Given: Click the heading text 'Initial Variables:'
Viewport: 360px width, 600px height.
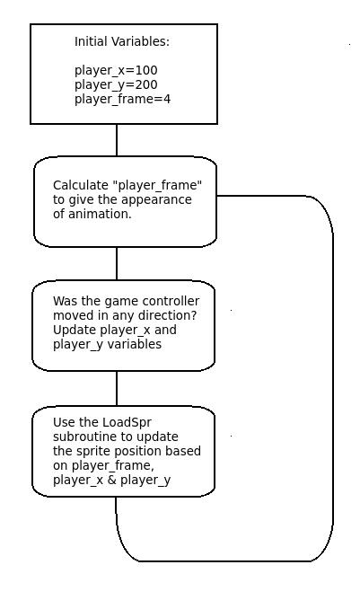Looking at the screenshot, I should [x=121, y=41].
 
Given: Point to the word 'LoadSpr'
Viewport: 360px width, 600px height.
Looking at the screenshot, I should [x=130, y=422].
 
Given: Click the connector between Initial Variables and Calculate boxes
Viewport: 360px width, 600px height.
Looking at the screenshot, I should [x=117, y=139].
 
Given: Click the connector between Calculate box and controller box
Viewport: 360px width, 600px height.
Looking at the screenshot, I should [x=117, y=263].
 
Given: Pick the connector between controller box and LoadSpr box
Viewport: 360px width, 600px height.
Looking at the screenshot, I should [x=117, y=388].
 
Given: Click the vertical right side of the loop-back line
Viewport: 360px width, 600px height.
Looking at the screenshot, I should [x=333, y=377].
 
